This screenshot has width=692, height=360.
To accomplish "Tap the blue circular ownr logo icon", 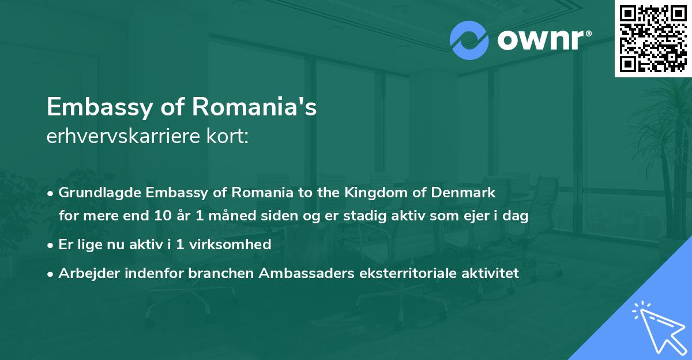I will click(469, 40).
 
